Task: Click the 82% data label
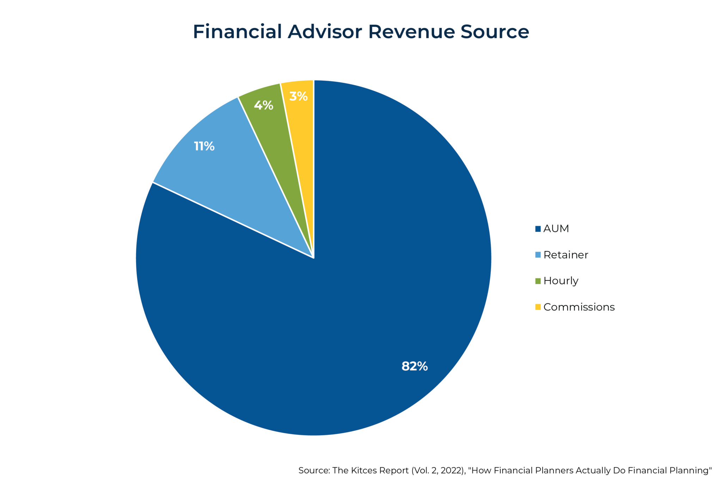click(x=415, y=366)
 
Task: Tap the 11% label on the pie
click(x=204, y=146)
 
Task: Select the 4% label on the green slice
click(x=263, y=105)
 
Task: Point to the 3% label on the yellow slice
click(x=298, y=96)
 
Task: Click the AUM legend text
click(x=556, y=229)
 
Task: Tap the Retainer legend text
click(x=565, y=255)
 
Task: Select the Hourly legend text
click(x=561, y=281)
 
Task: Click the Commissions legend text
click(x=579, y=307)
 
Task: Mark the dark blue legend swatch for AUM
click(x=538, y=229)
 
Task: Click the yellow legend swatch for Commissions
click(x=538, y=307)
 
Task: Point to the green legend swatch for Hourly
click(x=538, y=281)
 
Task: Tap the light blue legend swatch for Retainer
click(x=538, y=255)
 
